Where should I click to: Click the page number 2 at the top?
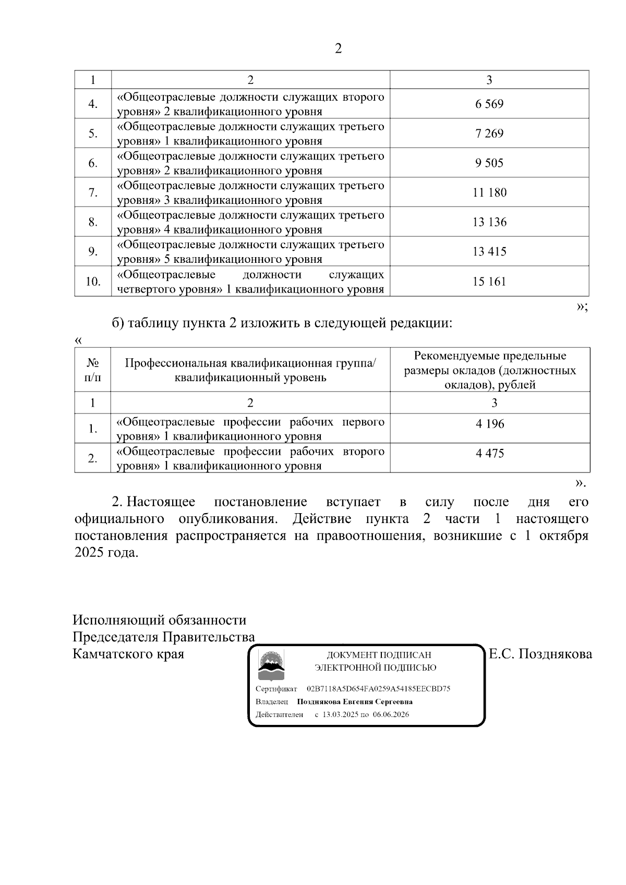pyautogui.click(x=338, y=49)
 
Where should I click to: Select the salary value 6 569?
pyautogui.click(x=489, y=104)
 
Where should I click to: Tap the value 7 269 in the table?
pyautogui.click(x=489, y=134)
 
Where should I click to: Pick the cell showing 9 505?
pyautogui.click(x=489, y=163)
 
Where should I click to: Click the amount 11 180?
pyautogui.click(x=489, y=192)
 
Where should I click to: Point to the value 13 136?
pyautogui.click(x=489, y=222)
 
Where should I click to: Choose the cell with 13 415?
pyautogui.click(x=489, y=251)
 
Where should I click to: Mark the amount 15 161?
pyautogui.click(x=489, y=282)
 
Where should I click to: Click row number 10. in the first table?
pyautogui.click(x=93, y=282)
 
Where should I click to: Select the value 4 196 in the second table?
pyautogui.click(x=490, y=424)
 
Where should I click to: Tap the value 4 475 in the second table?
pyautogui.click(x=490, y=453)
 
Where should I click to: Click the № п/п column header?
pyautogui.click(x=93, y=369)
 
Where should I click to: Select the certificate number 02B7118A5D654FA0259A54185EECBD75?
pyautogui.click(x=378, y=688)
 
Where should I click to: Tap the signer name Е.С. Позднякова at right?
pyautogui.click(x=540, y=653)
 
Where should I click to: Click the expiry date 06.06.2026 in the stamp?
pyautogui.click(x=391, y=714)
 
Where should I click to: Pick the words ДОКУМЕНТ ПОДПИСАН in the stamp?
pyautogui.click(x=379, y=655)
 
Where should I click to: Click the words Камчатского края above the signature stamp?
pyautogui.click(x=128, y=653)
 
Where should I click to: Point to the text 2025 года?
pyautogui.click(x=106, y=553)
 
